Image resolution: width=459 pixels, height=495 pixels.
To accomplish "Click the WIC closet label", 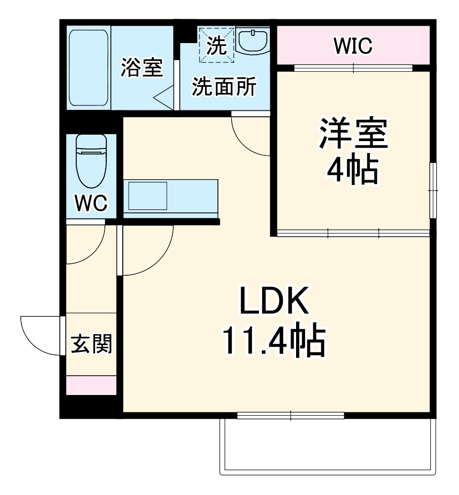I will click(353, 47).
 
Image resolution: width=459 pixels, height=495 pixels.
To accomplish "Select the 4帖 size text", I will click(353, 170).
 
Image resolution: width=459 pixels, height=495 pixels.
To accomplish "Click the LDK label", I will click(274, 302).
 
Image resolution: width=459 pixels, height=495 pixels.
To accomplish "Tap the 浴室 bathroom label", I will click(142, 68).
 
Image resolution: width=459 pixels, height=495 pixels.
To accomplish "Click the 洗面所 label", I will click(224, 88).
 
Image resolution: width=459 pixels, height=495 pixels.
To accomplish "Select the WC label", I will click(91, 203).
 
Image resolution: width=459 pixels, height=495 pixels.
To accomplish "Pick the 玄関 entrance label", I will click(91, 344).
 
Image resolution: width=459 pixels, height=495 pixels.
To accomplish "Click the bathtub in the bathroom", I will click(88, 68).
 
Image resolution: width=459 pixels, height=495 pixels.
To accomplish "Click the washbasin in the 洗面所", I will click(253, 41).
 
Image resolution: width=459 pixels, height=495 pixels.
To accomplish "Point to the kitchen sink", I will click(148, 196).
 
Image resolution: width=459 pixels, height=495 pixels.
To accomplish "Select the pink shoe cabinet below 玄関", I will click(91, 385).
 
